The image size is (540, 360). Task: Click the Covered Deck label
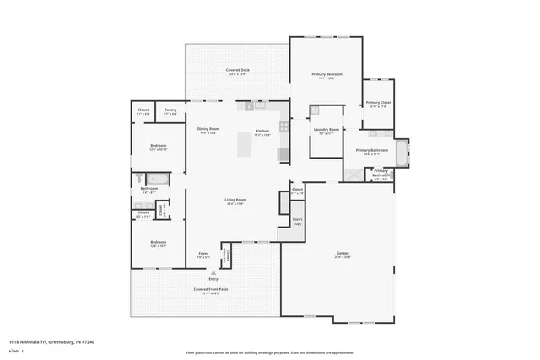[x=237, y=70]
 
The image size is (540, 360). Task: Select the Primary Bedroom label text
[x=327, y=75]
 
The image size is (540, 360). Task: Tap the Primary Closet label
[x=377, y=104]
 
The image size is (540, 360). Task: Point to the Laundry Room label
[x=327, y=131]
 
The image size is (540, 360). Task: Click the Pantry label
[x=170, y=110]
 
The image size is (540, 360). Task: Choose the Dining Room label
[x=208, y=130]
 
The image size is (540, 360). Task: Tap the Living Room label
[x=235, y=201]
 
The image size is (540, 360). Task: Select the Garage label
[x=343, y=252]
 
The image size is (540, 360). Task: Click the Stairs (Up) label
[x=297, y=222]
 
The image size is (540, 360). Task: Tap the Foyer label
[x=203, y=254]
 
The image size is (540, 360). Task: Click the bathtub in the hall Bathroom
[x=158, y=179]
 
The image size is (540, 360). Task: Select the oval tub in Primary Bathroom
[x=404, y=153]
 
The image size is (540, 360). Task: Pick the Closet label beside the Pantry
[x=143, y=110]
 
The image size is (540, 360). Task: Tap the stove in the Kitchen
[x=284, y=127]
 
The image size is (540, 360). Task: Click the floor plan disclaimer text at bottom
[x=269, y=352]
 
